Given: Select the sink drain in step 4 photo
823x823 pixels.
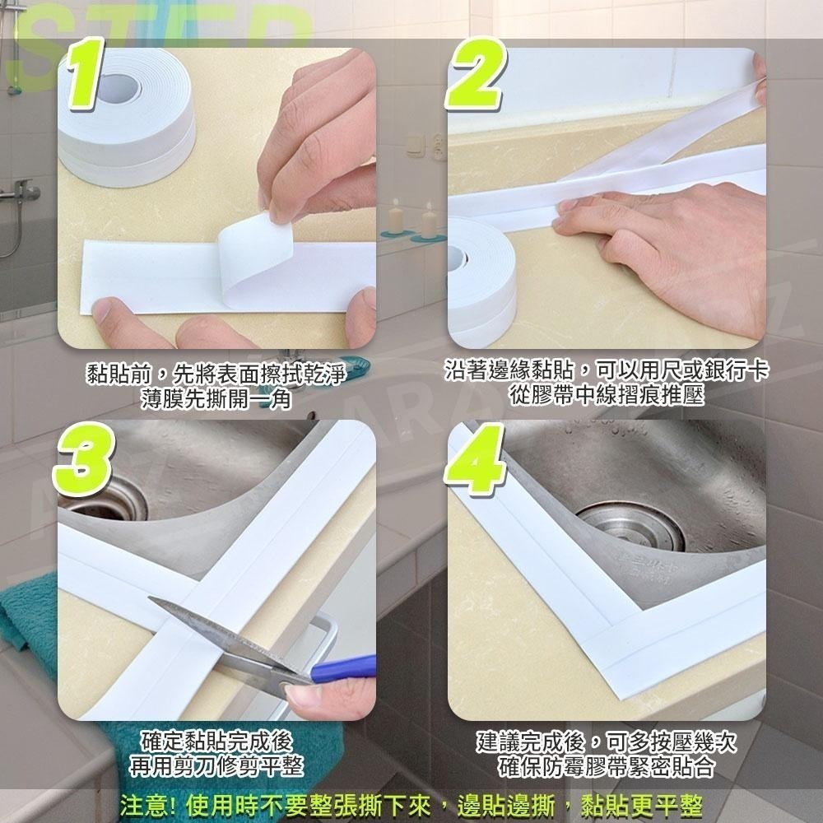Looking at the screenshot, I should pos(630,527).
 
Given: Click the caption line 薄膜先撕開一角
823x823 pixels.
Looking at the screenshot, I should pos(216,399).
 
